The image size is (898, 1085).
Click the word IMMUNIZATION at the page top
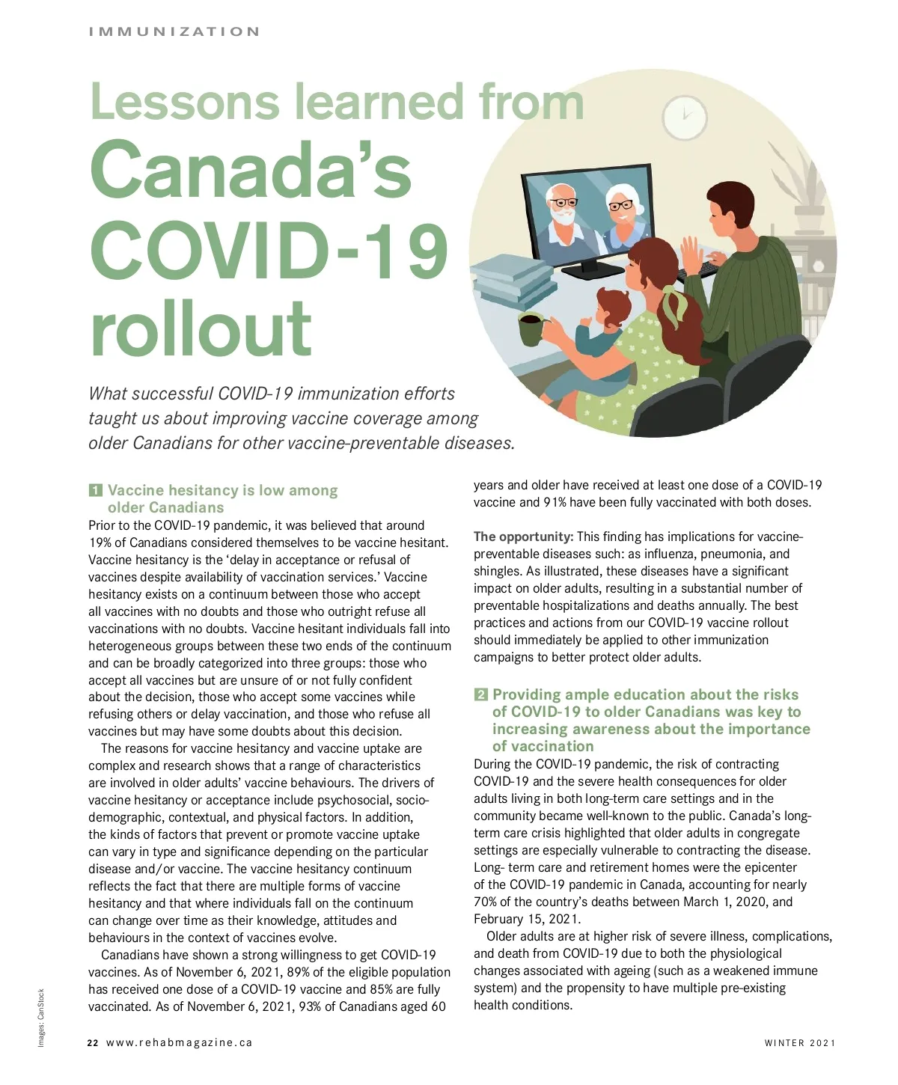click(174, 31)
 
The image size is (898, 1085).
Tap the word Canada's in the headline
click(251, 170)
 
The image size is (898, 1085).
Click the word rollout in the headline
click(201, 328)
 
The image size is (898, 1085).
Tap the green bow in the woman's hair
click(673, 306)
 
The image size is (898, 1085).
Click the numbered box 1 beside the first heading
click(95, 491)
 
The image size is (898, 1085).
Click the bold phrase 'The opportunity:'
click(523, 537)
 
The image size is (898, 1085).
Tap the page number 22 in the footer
click(93, 1042)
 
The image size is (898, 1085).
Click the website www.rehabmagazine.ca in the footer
click(180, 1042)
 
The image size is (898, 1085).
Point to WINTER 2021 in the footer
click(799, 1042)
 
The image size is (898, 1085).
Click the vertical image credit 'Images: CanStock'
click(42, 1018)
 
